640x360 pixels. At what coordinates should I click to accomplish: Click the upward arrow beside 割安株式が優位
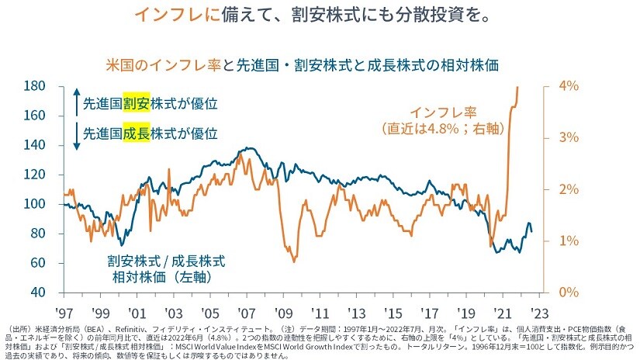coord(75,102)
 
